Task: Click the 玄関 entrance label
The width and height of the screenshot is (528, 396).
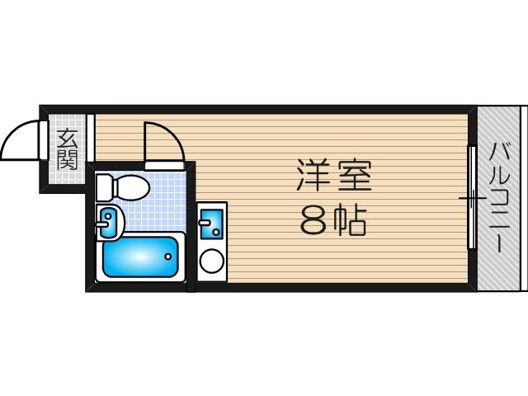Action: pyautogui.click(x=68, y=149)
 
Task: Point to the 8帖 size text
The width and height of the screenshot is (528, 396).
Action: pyautogui.click(x=332, y=221)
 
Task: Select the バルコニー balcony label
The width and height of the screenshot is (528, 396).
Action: pyautogui.click(x=500, y=198)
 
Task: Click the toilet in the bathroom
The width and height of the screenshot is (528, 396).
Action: pyautogui.click(x=123, y=188)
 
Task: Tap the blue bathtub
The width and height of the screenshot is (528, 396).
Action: pyautogui.click(x=140, y=257)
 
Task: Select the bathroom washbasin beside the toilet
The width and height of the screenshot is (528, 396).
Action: pyautogui.click(x=110, y=223)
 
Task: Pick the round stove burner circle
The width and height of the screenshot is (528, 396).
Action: pyautogui.click(x=212, y=261)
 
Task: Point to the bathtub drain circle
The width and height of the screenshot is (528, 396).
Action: pyautogui.click(x=168, y=257)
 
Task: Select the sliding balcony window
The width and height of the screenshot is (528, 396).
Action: pyautogui.click(x=472, y=198)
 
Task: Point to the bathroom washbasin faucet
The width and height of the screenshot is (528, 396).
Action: pyautogui.click(x=102, y=224)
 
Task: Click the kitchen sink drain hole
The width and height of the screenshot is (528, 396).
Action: pyautogui.click(x=216, y=232)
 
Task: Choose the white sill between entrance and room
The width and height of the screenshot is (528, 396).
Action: pyautogui.click(x=91, y=138)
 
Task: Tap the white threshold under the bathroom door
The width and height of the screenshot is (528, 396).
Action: pyautogui.click(x=164, y=165)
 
